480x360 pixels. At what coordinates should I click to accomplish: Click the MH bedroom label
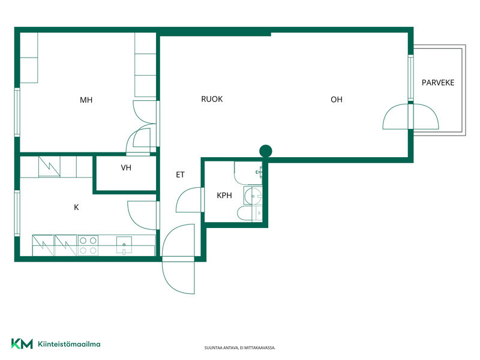(x=86, y=100)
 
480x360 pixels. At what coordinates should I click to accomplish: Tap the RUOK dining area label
(x=212, y=99)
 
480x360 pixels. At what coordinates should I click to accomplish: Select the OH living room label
(x=337, y=100)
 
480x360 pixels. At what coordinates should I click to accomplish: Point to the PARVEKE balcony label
(x=438, y=83)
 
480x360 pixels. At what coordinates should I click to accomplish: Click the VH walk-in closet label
(x=126, y=168)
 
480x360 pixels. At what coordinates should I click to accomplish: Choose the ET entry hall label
(x=181, y=175)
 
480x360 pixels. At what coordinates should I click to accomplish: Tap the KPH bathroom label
(x=224, y=196)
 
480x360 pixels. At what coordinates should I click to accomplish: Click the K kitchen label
(x=76, y=208)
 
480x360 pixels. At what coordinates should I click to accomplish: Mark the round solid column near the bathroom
(x=265, y=151)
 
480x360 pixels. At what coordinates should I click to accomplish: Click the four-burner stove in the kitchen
(x=88, y=245)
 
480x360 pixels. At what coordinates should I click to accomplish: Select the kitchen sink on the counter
(x=124, y=245)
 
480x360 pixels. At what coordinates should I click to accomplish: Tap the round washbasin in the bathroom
(x=253, y=196)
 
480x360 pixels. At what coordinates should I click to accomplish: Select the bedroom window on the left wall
(x=17, y=112)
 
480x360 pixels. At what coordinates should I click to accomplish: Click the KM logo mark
(x=22, y=344)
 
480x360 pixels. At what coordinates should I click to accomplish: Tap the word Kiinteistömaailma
(x=69, y=344)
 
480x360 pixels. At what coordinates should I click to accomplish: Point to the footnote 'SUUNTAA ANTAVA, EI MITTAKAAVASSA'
(x=239, y=348)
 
